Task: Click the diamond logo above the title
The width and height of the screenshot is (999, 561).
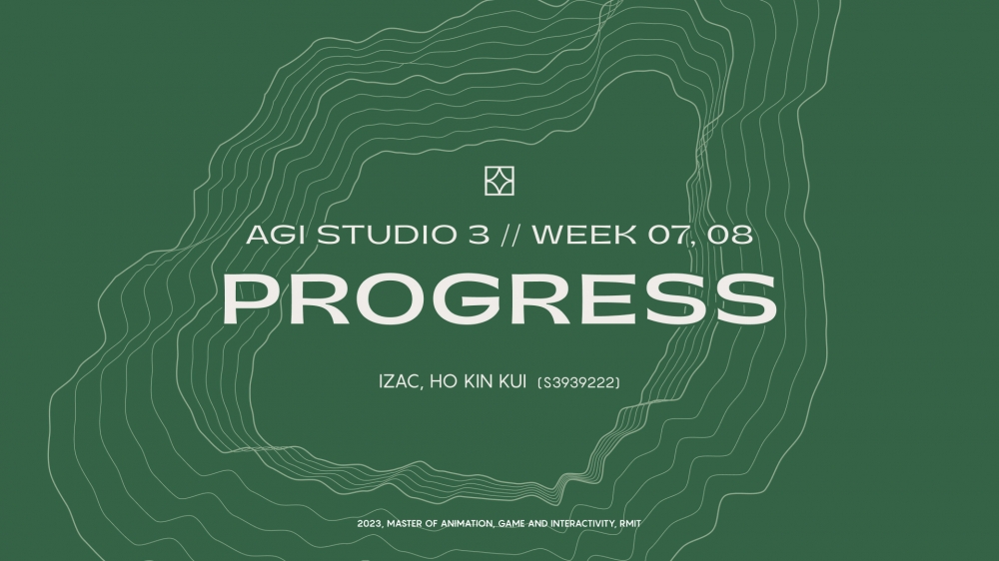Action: [x=499, y=181]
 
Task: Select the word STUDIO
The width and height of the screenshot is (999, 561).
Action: [x=388, y=235]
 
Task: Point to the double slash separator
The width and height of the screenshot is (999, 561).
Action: [x=510, y=235]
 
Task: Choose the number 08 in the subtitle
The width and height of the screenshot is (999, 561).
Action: [x=730, y=235]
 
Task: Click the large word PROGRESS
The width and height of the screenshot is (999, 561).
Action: [x=499, y=298]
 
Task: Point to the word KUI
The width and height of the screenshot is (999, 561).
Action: [x=512, y=382]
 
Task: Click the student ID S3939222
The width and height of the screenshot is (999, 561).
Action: [x=579, y=382]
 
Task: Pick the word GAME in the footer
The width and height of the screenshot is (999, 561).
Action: [x=511, y=523]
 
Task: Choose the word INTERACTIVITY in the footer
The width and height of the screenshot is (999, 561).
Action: [x=582, y=524]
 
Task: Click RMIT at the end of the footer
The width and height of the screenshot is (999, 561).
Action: [x=630, y=523]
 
